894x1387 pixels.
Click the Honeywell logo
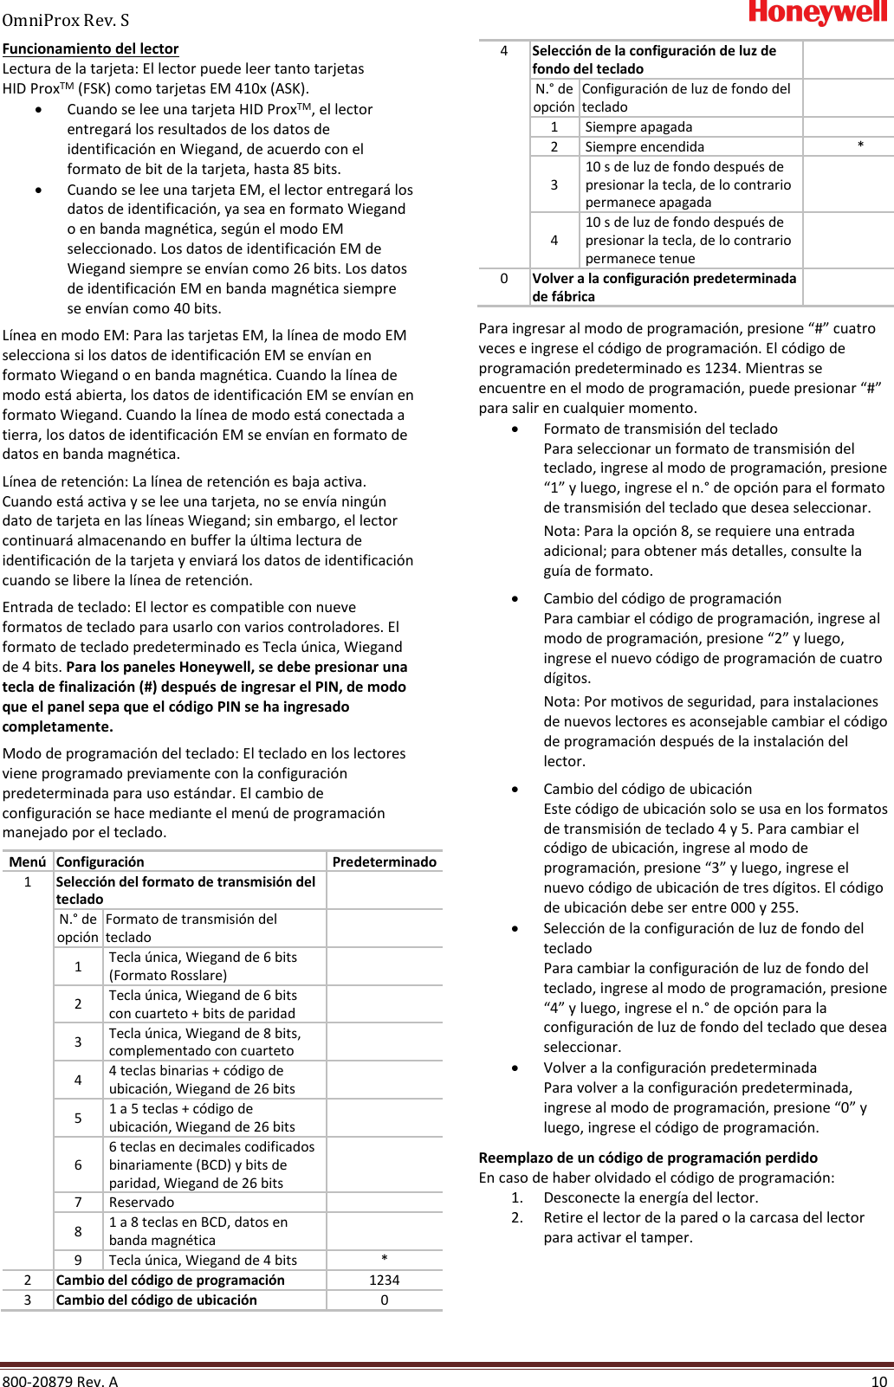click(x=818, y=13)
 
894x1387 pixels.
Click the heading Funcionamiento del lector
click(x=90, y=49)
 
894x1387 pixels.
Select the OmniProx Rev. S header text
click(x=66, y=19)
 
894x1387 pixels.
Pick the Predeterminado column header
click(x=384, y=861)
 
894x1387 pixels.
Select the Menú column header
click(x=27, y=861)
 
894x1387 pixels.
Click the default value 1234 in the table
click(x=384, y=1280)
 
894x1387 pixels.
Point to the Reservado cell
click(x=141, y=1202)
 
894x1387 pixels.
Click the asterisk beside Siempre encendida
click(x=860, y=146)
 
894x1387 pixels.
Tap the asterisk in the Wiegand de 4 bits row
click(x=384, y=1260)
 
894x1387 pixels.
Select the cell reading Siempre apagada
click(x=638, y=127)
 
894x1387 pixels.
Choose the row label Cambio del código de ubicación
click(x=156, y=1300)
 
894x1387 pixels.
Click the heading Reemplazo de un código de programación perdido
click(x=648, y=1158)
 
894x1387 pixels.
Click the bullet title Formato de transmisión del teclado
click(x=660, y=429)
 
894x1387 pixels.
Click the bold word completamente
click(x=57, y=726)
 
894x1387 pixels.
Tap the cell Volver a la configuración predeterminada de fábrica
click(x=664, y=287)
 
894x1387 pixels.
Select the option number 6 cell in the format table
click(x=78, y=1164)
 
